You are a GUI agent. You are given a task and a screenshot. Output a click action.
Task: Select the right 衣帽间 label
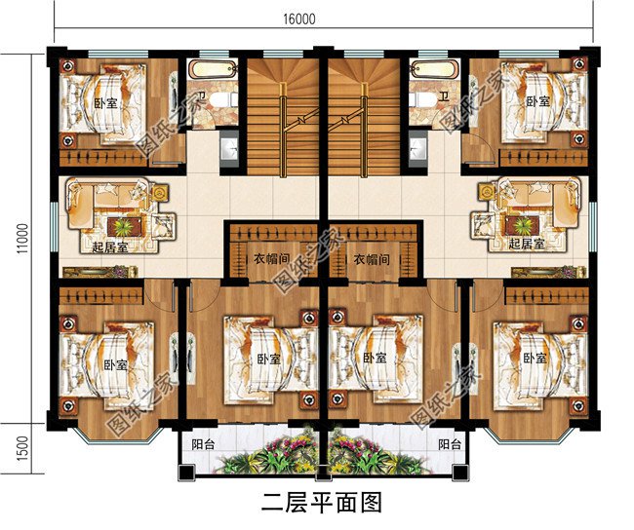(372, 260)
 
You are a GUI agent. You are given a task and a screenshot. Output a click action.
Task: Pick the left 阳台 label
(204, 444)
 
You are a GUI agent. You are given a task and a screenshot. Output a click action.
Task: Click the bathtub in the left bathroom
(212, 70)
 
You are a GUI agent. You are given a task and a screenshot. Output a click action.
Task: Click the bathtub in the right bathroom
(429, 70)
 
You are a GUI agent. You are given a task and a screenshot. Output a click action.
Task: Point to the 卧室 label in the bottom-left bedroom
(114, 363)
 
